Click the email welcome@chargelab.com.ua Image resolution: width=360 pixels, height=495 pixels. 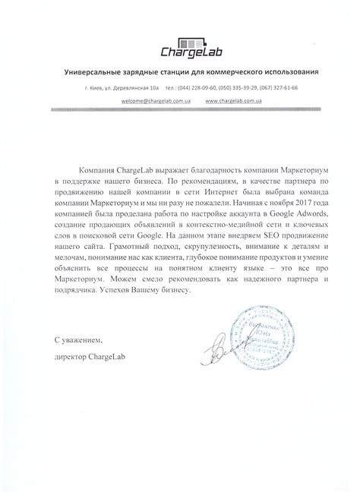(145, 100)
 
